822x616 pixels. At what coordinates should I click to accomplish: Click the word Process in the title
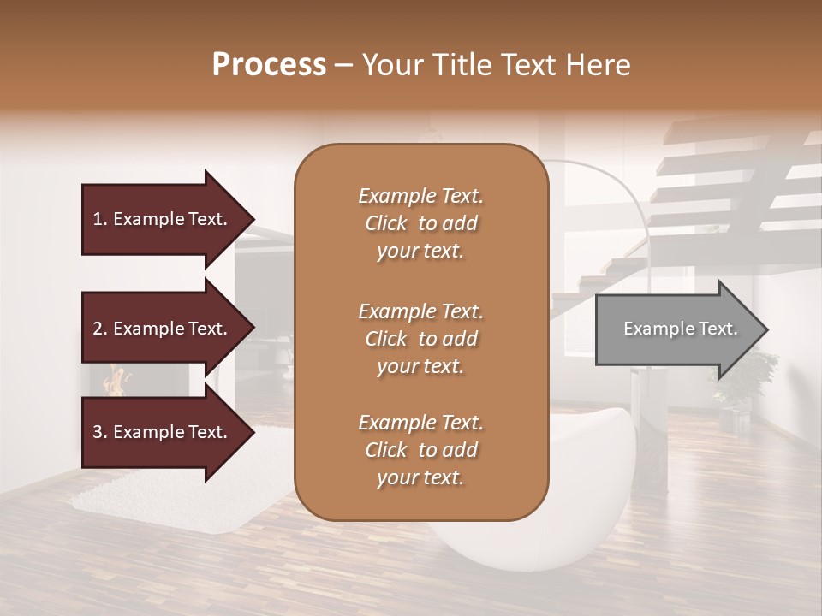click(x=269, y=65)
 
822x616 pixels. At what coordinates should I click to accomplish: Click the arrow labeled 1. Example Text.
click(x=163, y=219)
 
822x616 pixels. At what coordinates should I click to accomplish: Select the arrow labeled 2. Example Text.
click(x=163, y=329)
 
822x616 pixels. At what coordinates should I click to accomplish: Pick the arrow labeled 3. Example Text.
click(x=163, y=432)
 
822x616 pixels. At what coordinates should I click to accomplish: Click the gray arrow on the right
click(x=676, y=329)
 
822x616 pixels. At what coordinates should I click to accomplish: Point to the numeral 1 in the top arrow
click(x=98, y=219)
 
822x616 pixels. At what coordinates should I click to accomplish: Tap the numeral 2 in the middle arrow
click(x=98, y=329)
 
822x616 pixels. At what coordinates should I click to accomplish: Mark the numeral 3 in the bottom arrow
click(x=98, y=432)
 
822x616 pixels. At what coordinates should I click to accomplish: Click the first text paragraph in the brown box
click(x=420, y=223)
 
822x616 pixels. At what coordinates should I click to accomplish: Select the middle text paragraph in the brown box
click(x=420, y=339)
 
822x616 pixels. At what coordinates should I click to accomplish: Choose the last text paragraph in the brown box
click(x=420, y=450)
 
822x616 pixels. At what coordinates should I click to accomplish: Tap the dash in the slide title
click(x=343, y=65)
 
